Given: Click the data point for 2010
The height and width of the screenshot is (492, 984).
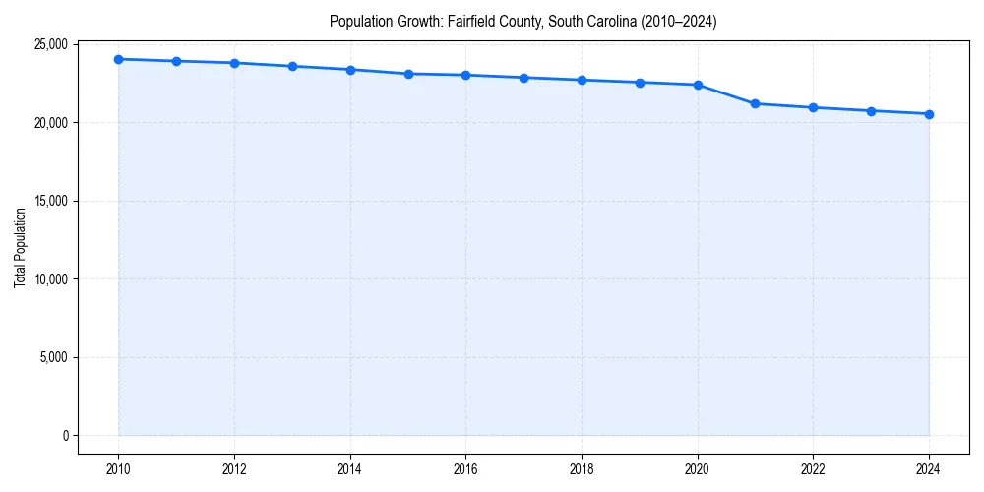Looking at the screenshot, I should pyautogui.click(x=118, y=59).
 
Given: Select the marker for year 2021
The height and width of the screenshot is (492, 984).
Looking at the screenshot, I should pyautogui.click(x=755, y=103).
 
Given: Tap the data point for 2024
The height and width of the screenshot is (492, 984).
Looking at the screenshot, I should pyautogui.click(x=929, y=114).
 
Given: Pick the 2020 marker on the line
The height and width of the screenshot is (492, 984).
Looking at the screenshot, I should pyautogui.click(x=698, y=85).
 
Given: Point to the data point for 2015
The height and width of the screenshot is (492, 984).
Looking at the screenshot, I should pyautogui.click(x=408, y=74).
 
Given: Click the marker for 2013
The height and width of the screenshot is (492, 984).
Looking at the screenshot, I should pyautogui.click(x=292, y=66).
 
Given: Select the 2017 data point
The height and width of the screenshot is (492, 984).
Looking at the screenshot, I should pyautogui.click(x=523, y=78).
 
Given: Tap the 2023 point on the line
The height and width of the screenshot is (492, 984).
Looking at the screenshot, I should pyautogui.click(x=871, y=111).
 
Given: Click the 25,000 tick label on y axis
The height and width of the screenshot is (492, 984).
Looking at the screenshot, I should pyautogui.click(x=49, y=44).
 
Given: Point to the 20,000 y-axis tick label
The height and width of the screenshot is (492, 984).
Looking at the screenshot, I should pyautogui.click(x=49, y=123).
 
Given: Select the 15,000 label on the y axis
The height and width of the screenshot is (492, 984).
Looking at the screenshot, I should pyautogui.click(x=49, y=201).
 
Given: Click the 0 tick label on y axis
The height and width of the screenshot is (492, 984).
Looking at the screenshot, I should pyautogui.click(x=64, y=436).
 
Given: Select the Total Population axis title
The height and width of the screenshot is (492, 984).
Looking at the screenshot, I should pyautogui.click(x=20, y=247).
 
